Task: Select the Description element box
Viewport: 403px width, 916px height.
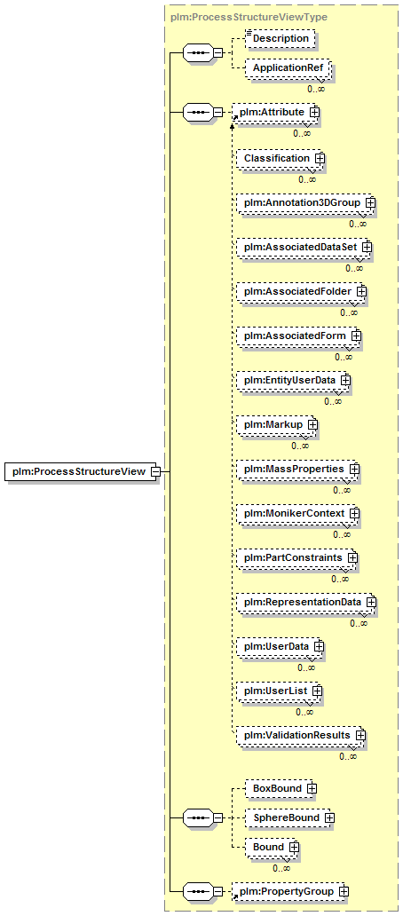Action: (281, 38)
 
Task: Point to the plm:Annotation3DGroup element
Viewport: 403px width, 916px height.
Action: (304, 202)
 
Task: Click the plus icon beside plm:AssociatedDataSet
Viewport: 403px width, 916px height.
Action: (367, 247)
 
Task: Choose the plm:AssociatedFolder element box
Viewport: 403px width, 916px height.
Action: (299, 290)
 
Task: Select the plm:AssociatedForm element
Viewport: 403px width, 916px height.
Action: (296, 336)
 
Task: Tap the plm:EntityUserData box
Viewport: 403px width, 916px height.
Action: (291, 380)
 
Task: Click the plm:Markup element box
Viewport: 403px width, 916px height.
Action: (274, 424)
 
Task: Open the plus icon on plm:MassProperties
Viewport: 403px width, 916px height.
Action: (354, 469)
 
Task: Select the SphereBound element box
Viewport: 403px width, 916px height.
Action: (288, 817)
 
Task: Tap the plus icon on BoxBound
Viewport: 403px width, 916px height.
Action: (312, 789)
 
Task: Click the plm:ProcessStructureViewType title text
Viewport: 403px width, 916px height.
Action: (249, 17)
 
